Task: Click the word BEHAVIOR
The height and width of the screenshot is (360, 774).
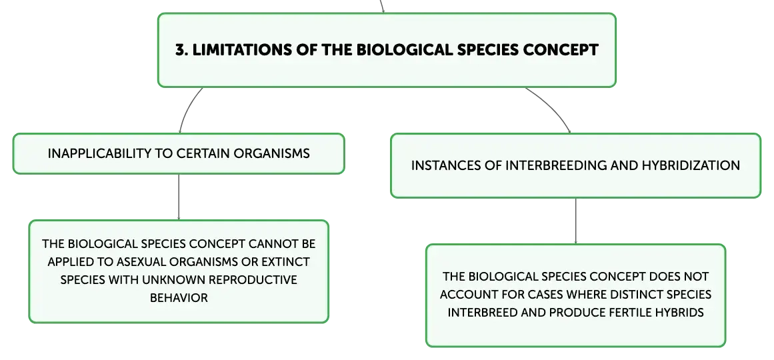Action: tap(179, 298)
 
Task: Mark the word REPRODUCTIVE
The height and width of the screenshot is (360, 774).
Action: tap(253, 280)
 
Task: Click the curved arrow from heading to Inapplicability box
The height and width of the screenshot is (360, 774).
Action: tap(187, 107)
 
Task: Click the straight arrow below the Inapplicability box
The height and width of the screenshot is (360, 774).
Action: tap(179, 197)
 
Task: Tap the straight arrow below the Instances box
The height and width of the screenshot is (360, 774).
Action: tap(575, 221)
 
